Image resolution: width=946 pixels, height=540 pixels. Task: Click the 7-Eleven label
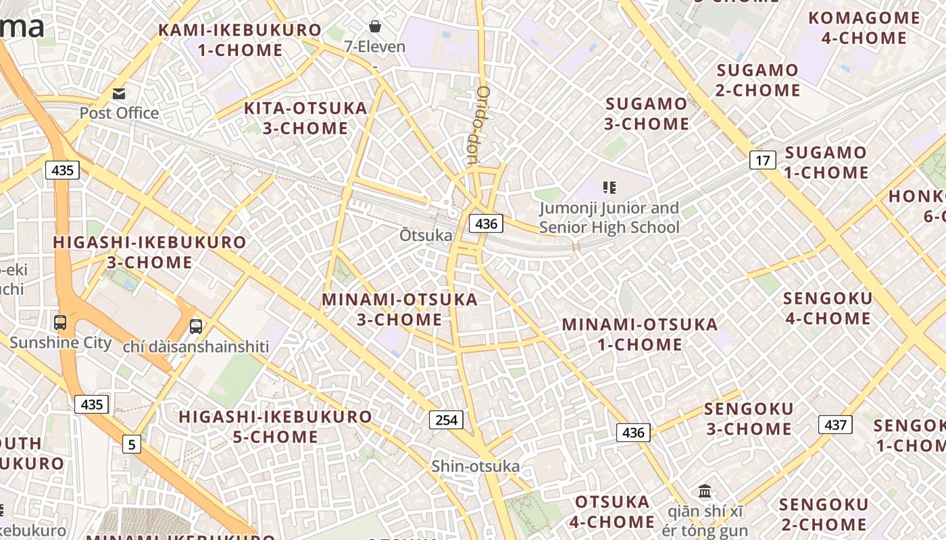click(374, 47)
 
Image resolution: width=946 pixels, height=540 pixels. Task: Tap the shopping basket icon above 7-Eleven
click(374, 26)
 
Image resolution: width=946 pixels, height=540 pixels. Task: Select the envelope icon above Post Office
click(119, 93)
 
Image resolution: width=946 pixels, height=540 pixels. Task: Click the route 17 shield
click(762, 161)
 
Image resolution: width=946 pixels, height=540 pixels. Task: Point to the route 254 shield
click(446, 420)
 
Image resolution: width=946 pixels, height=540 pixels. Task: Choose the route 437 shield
click(835, 425)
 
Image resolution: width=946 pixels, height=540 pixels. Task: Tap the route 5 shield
click(132, 444)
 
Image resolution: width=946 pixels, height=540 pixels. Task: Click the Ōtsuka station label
click(426, 236)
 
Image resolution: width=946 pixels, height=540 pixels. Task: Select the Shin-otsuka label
click(476, 466)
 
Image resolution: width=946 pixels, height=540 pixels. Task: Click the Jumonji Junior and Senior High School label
click(609, 218)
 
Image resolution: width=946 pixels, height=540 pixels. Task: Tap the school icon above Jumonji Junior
click(609, 187)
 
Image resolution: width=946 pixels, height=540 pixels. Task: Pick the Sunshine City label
click(61, 343)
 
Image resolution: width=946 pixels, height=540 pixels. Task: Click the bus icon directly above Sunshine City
click(60, 323)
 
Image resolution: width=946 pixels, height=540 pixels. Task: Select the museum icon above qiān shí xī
click(705, 491)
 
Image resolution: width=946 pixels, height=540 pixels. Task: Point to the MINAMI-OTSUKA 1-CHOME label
click(640, 334)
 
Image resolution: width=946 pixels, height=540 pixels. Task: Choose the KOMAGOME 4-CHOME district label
click(864, 28)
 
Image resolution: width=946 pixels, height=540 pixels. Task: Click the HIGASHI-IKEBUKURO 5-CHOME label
click(276, 427)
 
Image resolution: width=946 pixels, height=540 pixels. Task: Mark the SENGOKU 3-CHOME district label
click(749, 418)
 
